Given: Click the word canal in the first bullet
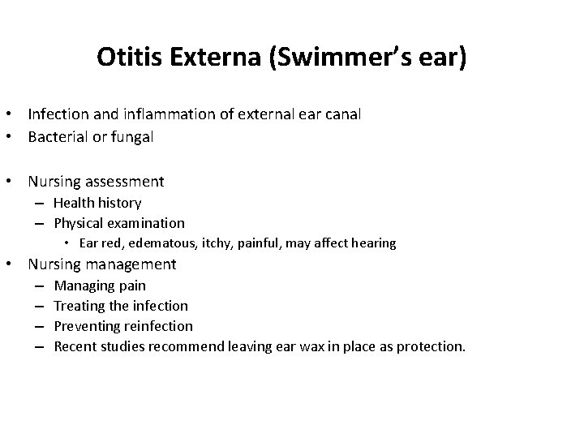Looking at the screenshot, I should tap(341, 114).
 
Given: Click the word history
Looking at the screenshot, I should tap(118, 203).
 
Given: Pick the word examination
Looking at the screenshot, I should tap(146, 223).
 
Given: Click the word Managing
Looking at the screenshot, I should tap(80, 286).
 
